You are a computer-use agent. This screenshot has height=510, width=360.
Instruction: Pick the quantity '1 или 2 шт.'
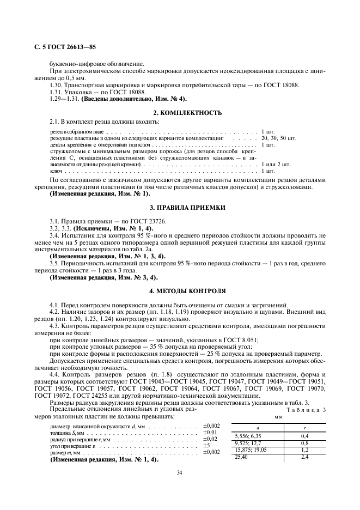pyautogui.click(x=276, y=164)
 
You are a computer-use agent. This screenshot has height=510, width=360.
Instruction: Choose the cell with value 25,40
pyautogui.click(x=241, y=456)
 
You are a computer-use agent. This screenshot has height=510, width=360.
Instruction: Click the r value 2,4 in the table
pyautogui.click(x=305, y=456)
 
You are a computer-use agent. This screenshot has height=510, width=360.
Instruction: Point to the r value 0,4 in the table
pyautogui.click(x=305, y=436)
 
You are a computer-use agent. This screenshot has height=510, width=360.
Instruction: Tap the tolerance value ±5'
pyautogui.click(x=208, y=445)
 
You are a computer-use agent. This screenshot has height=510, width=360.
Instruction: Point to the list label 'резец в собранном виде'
pyautogui.click(x=76, y=132)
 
